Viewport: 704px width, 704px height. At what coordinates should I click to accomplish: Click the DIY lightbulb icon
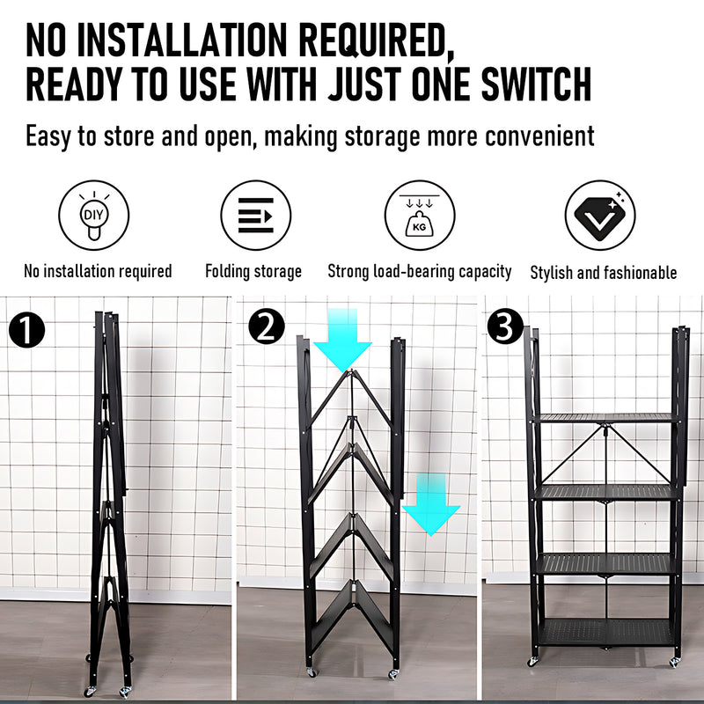[x=93, y=216]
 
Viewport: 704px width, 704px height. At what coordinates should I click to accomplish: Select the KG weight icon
[x=420, y=216]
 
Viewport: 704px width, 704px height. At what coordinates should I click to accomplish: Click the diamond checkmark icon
[x=600, y=216]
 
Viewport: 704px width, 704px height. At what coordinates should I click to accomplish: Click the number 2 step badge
[x=267, y=327]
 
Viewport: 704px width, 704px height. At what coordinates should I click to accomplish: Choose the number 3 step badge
[x=504, y=326]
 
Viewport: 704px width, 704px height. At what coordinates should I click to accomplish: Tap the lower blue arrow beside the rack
[x=431, y=504]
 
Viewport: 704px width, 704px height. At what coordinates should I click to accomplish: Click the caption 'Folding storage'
[x=253, y=271]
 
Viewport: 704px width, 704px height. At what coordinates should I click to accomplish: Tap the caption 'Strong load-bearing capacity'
[x=420, y=271]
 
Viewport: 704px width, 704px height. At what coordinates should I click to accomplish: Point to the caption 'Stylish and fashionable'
[x=604, y=272]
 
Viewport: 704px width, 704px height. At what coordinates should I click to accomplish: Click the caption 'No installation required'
[x=98, y=271]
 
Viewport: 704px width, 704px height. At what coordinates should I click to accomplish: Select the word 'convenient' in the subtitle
[x=536, y=136]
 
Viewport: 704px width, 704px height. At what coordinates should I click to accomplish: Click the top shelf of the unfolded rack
[x=606, y=418]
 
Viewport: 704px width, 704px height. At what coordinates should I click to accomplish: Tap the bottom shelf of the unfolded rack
[x=606, y=630]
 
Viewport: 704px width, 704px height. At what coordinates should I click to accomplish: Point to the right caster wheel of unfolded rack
[x=675, y=661]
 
